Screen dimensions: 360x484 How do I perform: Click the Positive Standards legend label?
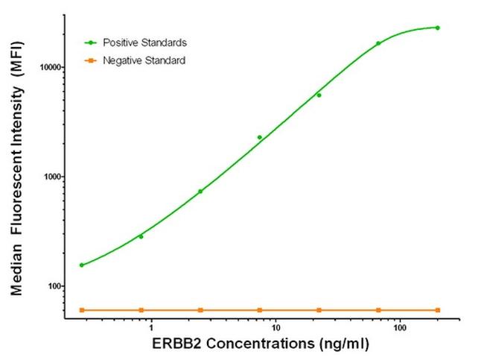click(144, 42)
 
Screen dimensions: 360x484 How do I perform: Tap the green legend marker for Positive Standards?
click(91, 42)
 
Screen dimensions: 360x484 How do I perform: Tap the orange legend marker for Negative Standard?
click(91, 60)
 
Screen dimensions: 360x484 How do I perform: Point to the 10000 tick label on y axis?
click(48, 67)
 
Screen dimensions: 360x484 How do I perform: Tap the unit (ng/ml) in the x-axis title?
click(343, 345)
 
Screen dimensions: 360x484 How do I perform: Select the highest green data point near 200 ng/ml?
click(437, 28)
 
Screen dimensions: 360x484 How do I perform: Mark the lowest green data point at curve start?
click(81, 265)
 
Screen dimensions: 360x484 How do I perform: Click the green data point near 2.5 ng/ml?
click(200, 192)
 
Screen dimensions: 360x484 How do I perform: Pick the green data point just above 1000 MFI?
click(259, 137)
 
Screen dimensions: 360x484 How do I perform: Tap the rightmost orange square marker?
click(437, 309)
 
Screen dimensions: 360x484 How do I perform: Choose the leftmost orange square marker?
click(81, 309)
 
